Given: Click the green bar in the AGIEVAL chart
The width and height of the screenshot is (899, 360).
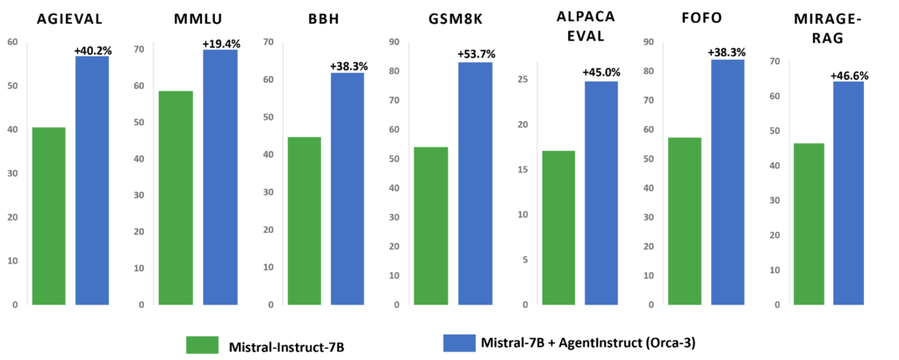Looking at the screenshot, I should [48, 216].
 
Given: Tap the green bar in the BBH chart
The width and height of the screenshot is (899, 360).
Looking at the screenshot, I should [304, 220].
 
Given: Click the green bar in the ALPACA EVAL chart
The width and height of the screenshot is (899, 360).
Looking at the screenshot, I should [558, 227].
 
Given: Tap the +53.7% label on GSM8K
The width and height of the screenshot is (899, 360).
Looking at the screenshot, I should [475, 54].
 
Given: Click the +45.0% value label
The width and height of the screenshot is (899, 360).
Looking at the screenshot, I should [601, 73].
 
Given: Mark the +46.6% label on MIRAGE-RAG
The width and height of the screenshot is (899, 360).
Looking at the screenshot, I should [849, 76].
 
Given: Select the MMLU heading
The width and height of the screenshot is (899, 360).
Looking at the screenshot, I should [195, 21].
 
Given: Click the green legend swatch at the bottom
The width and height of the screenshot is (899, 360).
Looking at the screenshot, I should [202, 344].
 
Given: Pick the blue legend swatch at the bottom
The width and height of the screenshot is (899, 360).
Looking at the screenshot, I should [459, 343].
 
